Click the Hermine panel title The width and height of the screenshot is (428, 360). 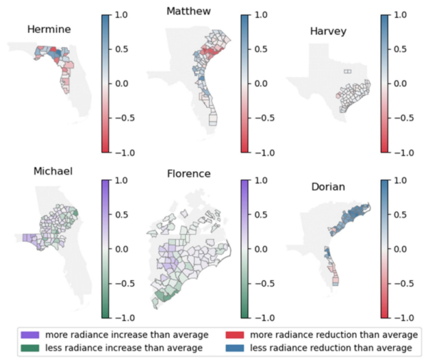[x=49, y=29]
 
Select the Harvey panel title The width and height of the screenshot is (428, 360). [x=328, y=31]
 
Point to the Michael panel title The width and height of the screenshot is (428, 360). [x=53, y=172]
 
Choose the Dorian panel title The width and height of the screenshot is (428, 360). [x=330, y=187]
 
